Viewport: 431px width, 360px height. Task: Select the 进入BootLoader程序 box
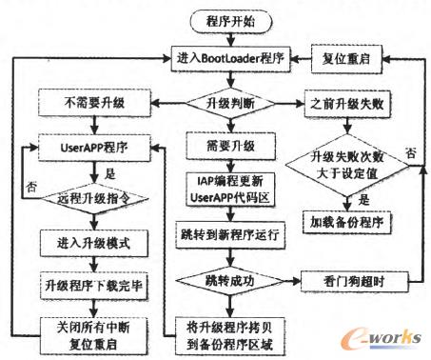225,57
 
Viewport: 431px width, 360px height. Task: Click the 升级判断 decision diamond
225,101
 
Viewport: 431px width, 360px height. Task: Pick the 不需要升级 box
86,101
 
